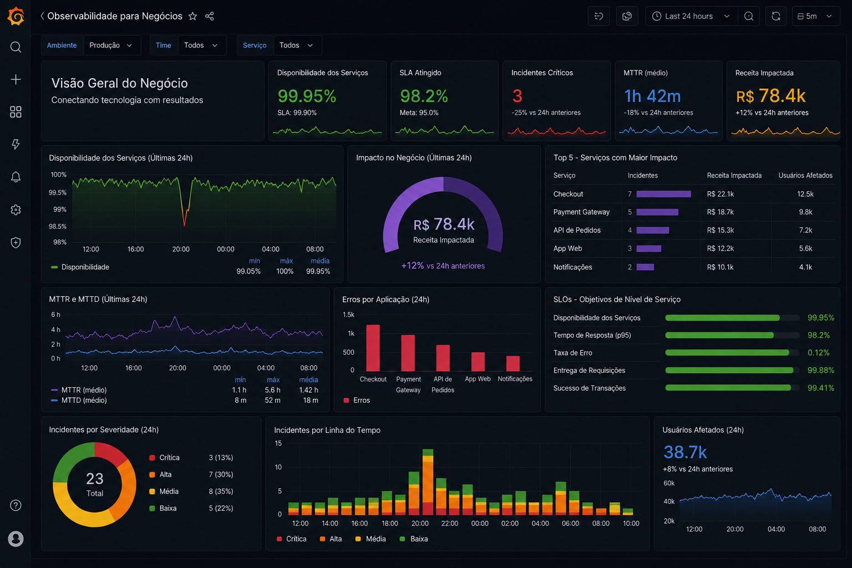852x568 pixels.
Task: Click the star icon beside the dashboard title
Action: pyautogui.click(x=193, y=16)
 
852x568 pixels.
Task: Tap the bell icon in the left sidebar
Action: pyautogui.click(x=16, y=177)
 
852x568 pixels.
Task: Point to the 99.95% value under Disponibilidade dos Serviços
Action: pyautogui.click(x=307, y=96)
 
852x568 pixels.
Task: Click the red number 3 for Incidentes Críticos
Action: pyautogui.click(x=517, y=96)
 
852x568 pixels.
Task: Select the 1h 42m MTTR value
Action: pyautogui.click(x=652, y=96)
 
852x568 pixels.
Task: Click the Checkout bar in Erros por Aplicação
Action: pyautogui.click(x=373, y=348)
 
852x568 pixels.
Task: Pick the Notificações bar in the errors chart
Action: pyautogui.click(x=513, y=363)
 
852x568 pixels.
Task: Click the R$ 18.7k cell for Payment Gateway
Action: pyautogui.click(x=721, y=212)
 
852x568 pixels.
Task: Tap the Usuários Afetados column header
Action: pyautogui.click(x=805, y=175)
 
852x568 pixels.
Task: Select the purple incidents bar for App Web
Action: pyautogui.click(x=649, y=248)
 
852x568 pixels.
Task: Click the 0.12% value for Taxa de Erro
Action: pyautogui.click(x=818, y=353)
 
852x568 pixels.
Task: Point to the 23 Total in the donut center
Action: pyautogui.click(x=94, y=484)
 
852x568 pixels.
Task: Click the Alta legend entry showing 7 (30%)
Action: pyautogui.click(x=191, y=474)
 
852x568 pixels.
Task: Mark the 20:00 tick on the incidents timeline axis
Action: pyautogui.click(x=419, y=524)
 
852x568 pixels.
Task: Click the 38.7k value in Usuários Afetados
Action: pyautogui.click(x=685, y=452)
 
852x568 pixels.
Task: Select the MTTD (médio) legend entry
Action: pyautogui.click(x=79, y=400)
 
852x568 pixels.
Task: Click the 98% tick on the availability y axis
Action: pyautogui.click(x=60, y=242)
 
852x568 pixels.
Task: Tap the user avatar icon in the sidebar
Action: pyautogui.click(x=16, y=539)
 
